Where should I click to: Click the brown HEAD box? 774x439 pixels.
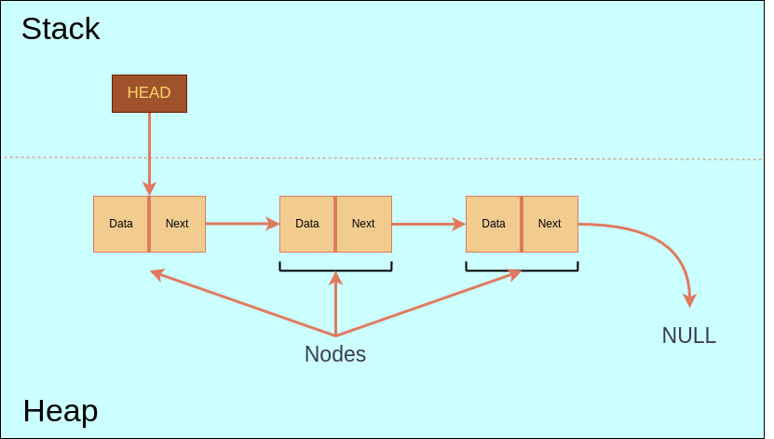[x=149, y=93]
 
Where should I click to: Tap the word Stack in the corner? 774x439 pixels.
[x=61, y=29]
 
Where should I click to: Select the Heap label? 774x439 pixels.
[x=61, y=410]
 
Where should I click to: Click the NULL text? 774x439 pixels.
[x=688, y=336]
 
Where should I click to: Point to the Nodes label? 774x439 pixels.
[x=335, y=354]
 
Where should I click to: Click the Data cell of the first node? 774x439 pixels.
[x=121, y=224]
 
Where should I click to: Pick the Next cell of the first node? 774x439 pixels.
[x=177, y=224]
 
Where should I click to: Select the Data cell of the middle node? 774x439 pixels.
[x=307, y=224]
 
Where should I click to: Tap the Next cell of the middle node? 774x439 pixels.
[x=363, y=224]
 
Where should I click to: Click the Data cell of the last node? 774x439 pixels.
[x=494, y=224]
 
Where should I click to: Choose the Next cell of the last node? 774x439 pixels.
[x=550, y=224]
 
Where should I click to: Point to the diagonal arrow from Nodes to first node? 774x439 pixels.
[x=242, y=303]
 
